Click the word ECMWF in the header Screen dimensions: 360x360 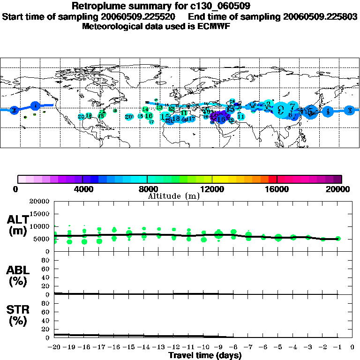(212, 27)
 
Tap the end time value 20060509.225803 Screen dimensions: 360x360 (320, 16)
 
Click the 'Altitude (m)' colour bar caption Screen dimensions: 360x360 (173, 196)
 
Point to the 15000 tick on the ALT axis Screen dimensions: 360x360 (40, 214)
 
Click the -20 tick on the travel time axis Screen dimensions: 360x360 (54, 347)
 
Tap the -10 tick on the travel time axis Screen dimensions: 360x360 (203, 347)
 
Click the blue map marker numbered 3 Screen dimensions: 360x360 (349, 111)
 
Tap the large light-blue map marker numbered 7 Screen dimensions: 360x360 (292, 107)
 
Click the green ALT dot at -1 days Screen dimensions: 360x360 (338, 239)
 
